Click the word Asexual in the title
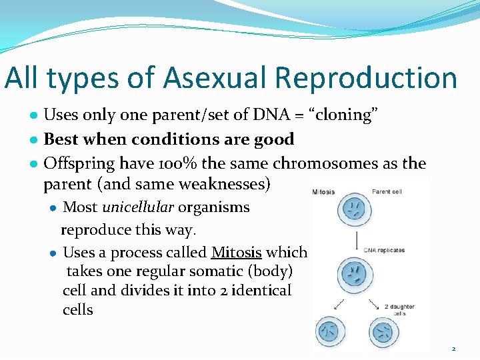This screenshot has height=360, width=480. pyautogui.click(x=213, y=78)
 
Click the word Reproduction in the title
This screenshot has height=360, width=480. pyautogui.click(x=366, y=78)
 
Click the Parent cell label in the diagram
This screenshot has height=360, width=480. pyautogui.click(x=387, y=192)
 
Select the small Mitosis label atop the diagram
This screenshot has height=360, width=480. pyautogui.click(x=324, y=192)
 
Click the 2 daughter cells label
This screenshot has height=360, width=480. pyautogui.click(x=399, y=309)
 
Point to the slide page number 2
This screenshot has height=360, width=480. pyautogui.click(x=453, y=349)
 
